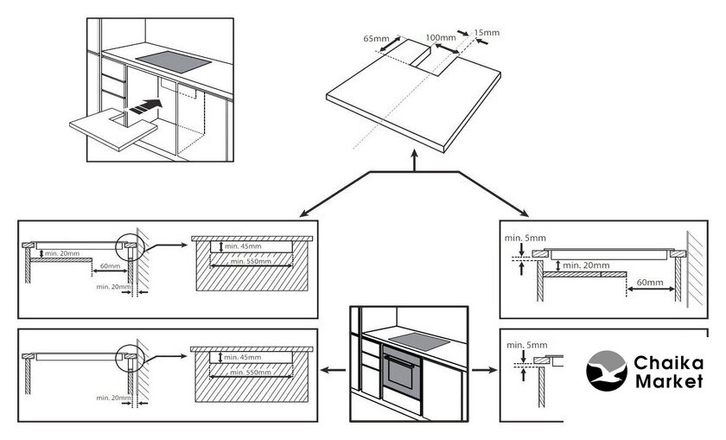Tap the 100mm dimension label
(441, 38)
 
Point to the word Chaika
(668, 363)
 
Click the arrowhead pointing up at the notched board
(417, 159)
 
